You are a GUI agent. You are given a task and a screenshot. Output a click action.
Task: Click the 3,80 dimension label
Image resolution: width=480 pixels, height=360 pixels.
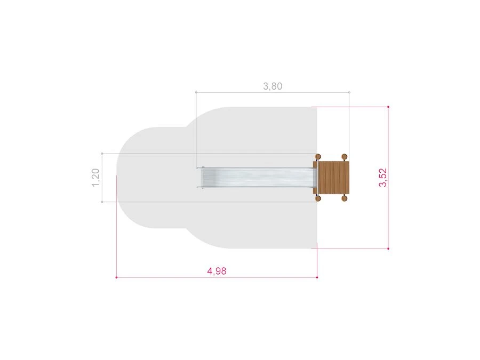[273, 86]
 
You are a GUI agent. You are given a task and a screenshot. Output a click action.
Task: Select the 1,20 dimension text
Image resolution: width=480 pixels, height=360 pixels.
[95, 178]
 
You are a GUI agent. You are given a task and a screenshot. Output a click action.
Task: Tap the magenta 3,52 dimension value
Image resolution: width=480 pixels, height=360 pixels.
[383, 178]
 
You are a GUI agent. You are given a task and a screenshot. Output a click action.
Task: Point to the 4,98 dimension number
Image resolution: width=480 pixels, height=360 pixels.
[217, 271]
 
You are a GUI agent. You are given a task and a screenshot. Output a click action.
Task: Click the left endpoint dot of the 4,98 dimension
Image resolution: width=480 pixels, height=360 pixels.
[116, 277]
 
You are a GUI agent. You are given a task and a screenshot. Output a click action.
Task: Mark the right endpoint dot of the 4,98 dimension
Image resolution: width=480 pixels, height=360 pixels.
[317, 277]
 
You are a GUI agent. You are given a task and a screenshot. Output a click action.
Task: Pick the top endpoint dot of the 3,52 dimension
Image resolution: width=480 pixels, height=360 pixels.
[388, 107]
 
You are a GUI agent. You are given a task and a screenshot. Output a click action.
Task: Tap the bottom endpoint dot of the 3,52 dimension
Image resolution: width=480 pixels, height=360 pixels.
[388, 249]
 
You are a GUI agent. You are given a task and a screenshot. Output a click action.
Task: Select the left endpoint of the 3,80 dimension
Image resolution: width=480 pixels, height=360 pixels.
[196, 92]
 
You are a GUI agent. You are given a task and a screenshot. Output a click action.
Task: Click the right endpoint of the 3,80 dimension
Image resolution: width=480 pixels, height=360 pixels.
[349, 92]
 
